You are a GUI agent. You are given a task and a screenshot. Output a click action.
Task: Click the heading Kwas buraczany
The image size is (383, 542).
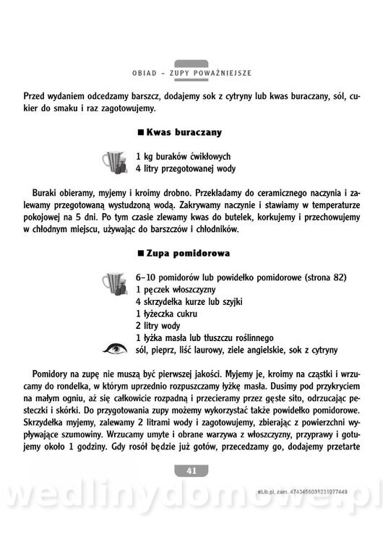pos(184,133)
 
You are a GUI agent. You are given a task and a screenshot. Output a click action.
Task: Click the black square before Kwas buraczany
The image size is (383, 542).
pos(140,133)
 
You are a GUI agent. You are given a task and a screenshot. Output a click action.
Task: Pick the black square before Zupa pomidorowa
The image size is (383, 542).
pos(140,254)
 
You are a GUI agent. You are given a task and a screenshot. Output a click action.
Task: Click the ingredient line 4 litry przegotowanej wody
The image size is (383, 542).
pos(186,169)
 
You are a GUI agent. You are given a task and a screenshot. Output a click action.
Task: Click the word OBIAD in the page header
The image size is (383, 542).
pos(147,74)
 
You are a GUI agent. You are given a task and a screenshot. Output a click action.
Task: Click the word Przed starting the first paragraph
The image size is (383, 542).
pos(37,95)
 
